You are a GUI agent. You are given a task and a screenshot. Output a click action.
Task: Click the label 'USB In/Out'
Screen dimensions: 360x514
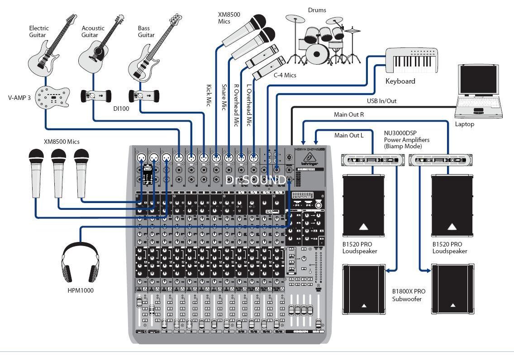pyautogui.click(x=381, y=101)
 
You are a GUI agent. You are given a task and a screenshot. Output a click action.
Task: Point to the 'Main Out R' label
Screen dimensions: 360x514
pyautogui.click(x=349, y=115)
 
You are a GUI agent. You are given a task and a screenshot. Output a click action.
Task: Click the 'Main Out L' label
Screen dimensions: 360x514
pyautogui.click(x=348, y=135)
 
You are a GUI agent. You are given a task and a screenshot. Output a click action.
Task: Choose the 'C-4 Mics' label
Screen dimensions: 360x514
pyautogui.click(x=285, y=75)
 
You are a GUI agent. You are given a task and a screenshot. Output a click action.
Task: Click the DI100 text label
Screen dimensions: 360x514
pyautogui.click(x=122, y=109)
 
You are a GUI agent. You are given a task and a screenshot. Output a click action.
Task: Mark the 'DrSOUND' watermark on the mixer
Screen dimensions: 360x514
pyautogui.click(x=255, y=180)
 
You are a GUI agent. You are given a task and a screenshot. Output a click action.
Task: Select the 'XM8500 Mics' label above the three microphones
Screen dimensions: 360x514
pyautogui.click(x=61, y=142)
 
